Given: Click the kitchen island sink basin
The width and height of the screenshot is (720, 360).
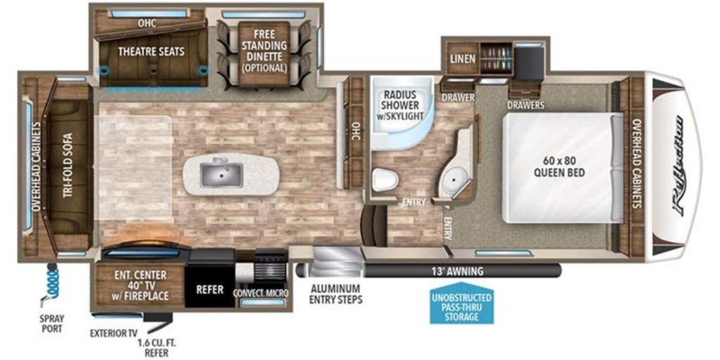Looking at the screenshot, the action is (x=221, y=175).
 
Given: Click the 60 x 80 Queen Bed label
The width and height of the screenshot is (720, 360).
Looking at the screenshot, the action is (x=559, y=167).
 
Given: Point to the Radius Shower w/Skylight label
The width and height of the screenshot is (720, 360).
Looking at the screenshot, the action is (x=400, y=105).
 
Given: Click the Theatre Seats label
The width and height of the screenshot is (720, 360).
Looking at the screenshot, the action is (x=151, y=52).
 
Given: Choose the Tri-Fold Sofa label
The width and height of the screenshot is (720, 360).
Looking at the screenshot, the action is (x=67, y=165).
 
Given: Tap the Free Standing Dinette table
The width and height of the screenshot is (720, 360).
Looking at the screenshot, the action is (x=264, y=53).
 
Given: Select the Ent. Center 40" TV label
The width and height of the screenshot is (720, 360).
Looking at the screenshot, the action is (x=141, y=286).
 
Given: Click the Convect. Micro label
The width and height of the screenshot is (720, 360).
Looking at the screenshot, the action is (x=260, y=293).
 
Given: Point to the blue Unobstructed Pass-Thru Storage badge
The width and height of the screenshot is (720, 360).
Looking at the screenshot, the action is (x=461, y=303).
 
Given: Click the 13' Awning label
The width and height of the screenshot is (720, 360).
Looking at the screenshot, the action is (x=457, y=271).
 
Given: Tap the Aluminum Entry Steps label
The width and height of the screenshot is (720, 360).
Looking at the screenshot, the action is (x=336, y=294).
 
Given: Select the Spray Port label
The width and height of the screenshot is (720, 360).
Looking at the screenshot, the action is (x=52, y=323).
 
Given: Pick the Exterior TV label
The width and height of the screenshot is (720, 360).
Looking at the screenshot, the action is (x=113, y=334).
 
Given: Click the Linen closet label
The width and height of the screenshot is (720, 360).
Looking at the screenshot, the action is (x=463, y=59).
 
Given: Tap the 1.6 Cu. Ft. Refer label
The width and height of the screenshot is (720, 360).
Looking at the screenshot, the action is (x=157, y=347).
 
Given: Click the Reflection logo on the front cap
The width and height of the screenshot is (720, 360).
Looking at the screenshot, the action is (x=678, y=166).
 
